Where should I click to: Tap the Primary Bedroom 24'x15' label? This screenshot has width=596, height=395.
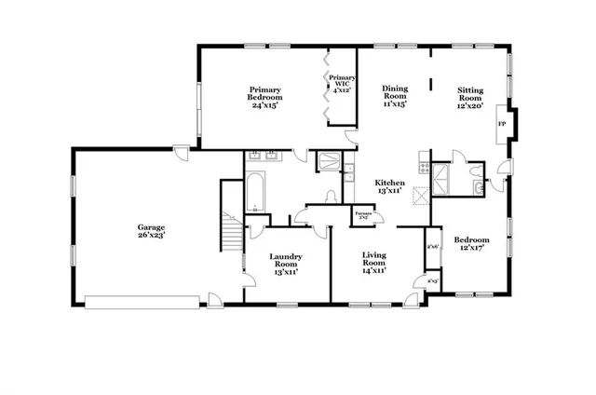pos(265,96)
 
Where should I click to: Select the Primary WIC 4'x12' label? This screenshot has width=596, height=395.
pos(342,84)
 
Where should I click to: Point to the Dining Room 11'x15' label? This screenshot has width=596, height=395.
pos(396,96)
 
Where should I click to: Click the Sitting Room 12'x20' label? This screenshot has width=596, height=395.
pos(469,96)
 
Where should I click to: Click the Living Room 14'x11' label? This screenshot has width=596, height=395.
pos(372,261)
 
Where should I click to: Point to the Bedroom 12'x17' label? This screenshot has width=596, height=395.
pos(471,245)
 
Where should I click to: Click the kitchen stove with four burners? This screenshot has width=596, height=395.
pos(425,170)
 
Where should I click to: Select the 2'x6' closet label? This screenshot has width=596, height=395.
pos(432,247)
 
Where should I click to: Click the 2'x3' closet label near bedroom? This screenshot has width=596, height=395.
pos(432,280)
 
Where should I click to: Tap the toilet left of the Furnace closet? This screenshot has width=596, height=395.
pos(332,197)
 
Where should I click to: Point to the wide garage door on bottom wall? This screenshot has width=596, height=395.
pos(142,301)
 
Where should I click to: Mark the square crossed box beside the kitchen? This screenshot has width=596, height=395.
pos(420,194)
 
